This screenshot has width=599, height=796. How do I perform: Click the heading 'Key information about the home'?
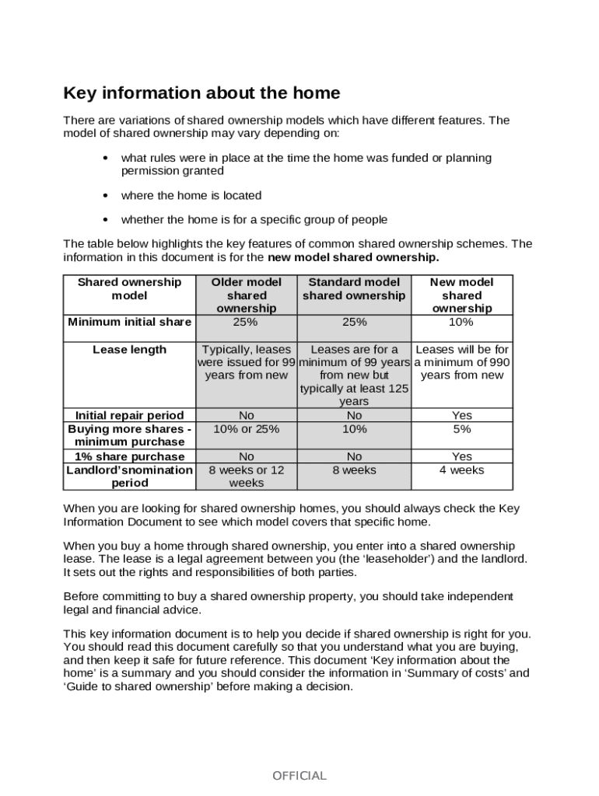201,94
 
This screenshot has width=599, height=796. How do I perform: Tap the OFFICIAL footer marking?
299,776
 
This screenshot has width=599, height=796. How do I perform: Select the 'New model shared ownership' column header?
461,295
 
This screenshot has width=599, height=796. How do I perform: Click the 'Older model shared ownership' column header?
247,295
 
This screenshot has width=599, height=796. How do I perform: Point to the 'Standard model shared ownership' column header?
354,289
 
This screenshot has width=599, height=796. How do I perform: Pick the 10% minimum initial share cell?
461,322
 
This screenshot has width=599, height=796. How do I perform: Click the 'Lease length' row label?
129,350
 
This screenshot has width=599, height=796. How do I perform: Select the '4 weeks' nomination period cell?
461,470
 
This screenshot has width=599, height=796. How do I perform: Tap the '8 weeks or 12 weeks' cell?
247,477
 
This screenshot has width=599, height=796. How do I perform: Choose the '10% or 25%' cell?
247,429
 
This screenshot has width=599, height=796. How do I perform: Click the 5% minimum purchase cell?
461,429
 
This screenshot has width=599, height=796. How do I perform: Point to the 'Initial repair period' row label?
129,416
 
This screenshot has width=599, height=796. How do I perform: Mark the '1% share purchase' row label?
129,457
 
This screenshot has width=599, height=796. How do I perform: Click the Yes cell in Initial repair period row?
461,416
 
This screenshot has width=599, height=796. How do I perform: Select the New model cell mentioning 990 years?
461,362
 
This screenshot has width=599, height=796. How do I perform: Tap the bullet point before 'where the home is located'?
105,196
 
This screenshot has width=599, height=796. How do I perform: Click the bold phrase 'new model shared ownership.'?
353,257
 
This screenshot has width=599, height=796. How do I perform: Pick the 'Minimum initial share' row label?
129,322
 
